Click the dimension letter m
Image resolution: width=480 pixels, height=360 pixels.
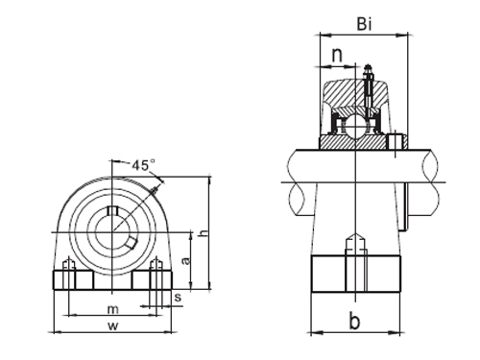pos(112,308)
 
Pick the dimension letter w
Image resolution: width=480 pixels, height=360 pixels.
pos(112,326)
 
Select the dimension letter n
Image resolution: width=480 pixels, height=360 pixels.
pos(336,56)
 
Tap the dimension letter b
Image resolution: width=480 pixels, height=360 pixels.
pos(354,323)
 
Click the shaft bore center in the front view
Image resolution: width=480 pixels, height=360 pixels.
pos(112,231)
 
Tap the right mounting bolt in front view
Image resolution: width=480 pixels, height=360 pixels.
pos(155,272)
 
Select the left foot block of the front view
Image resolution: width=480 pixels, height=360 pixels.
pos(71,281)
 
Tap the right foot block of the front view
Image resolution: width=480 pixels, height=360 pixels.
pos(153,281)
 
